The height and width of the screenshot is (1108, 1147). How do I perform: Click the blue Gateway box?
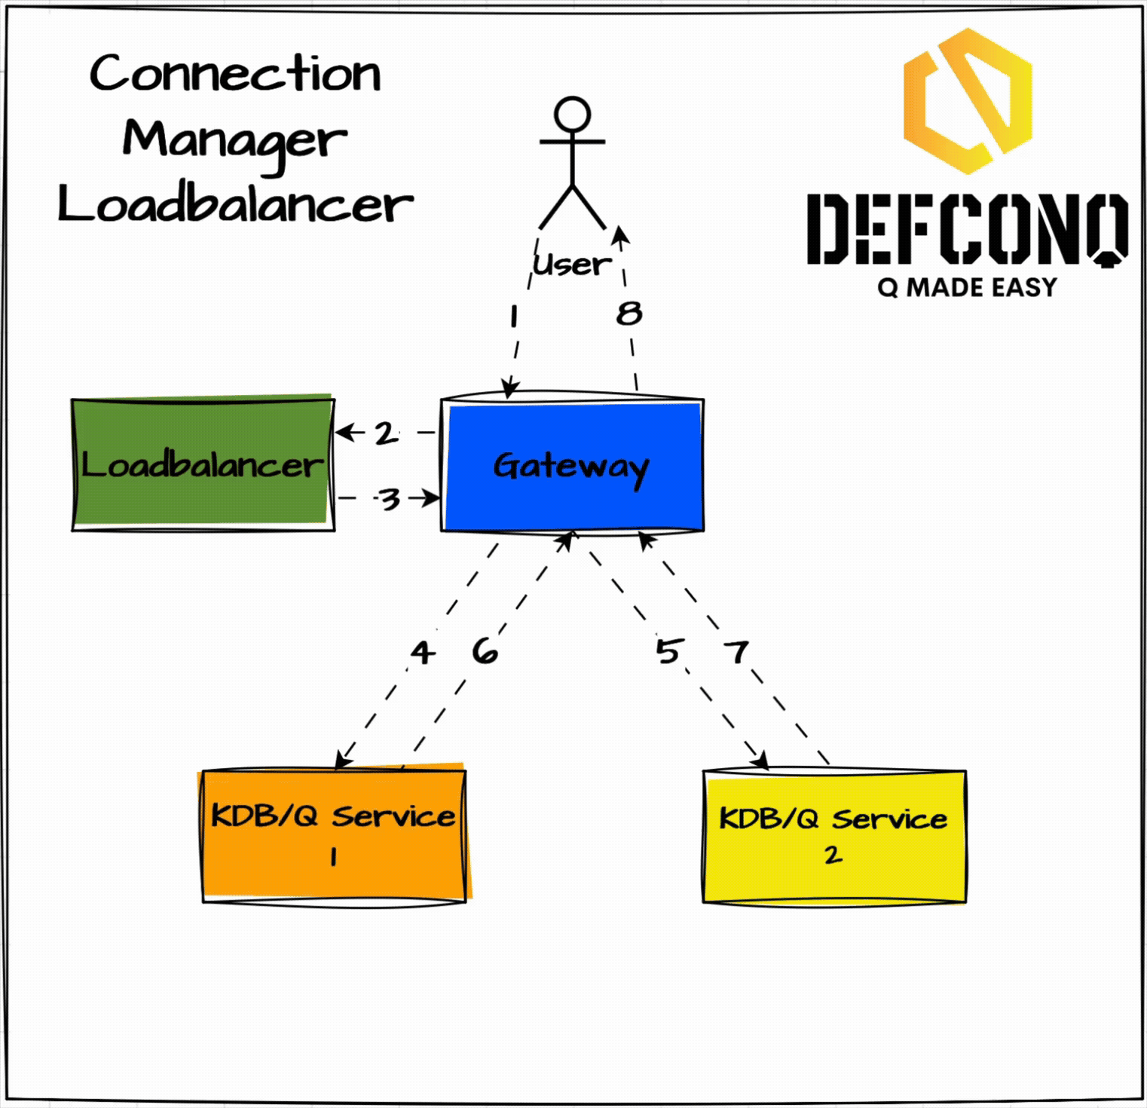[572, 466]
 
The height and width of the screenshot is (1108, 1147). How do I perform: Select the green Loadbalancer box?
[203, 464]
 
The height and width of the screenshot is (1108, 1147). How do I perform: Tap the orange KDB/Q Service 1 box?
[334, 835]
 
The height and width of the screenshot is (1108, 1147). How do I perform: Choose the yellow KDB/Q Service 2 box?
[833, 836]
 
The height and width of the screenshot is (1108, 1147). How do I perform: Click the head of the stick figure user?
[572, 115]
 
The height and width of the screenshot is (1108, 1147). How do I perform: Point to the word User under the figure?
[571, 265]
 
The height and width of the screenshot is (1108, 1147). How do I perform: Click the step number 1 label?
[514, 317]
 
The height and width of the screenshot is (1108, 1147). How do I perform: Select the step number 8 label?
[629, 314]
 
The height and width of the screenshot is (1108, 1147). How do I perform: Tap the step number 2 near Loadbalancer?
[386, 433]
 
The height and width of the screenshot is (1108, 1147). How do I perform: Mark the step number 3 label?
[389, 499]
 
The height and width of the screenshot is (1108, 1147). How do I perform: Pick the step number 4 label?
[423, 652]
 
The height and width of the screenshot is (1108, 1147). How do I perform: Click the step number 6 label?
[485, 651]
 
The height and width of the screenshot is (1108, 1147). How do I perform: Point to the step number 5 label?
[668, 650]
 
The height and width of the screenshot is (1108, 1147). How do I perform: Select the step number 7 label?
[736, 651]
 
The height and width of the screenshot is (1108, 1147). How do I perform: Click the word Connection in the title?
[235, 74]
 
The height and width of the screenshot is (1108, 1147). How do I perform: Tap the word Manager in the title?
[234, 141]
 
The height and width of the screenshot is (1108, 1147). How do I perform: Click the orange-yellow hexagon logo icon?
[968, 102]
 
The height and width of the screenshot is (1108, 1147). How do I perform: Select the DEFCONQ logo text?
[967, 229]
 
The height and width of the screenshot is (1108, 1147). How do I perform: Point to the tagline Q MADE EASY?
[967, 287]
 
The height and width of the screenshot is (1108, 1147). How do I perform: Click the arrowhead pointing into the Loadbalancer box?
[341, 432]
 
